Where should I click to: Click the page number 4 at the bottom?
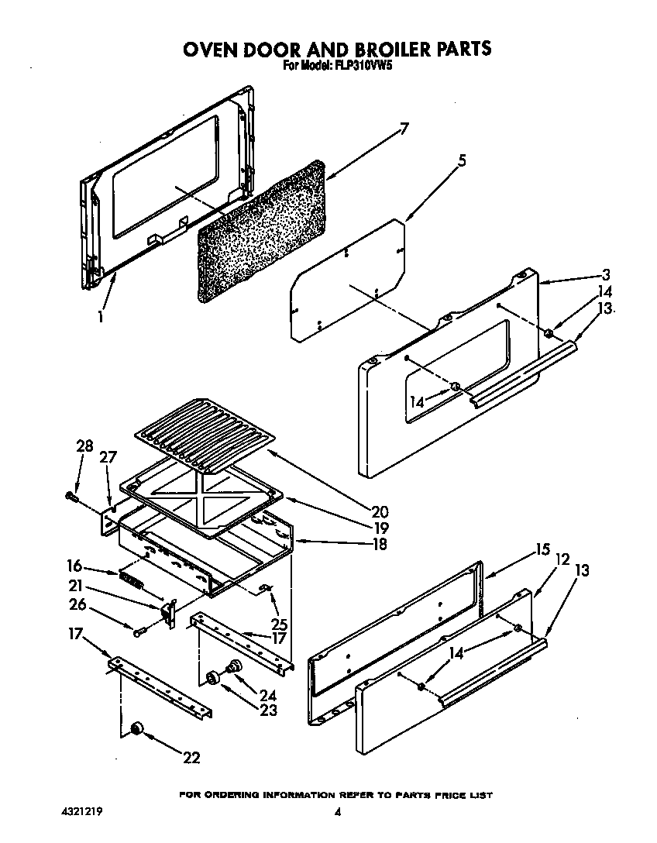coord(337,813)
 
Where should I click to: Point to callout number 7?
coord(404,129)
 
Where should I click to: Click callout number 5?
coord(462,160)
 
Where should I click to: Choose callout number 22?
coord(191,757)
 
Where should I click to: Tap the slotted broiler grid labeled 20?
coord(203,436)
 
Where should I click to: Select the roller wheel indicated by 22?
coord(137,728)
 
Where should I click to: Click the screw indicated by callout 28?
coord(72,494)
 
